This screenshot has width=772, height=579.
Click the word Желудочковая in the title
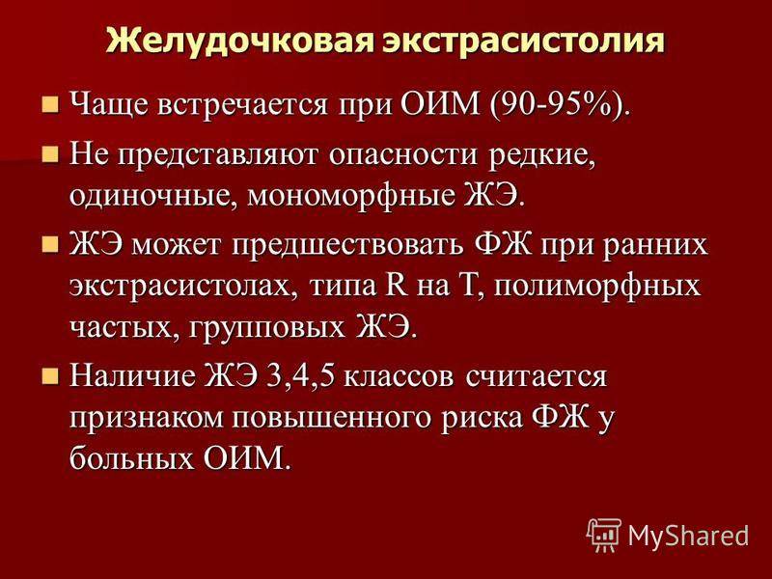tap(239, 41)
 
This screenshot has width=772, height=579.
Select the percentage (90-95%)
tap(560, 104)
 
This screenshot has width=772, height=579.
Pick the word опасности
tap(403, 155)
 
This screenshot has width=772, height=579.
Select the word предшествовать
tap(347, 245)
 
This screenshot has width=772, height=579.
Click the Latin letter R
tap(397, 286)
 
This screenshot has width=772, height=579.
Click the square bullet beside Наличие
tap(50, 376)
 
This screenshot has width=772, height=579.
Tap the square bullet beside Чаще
tap(50, 105)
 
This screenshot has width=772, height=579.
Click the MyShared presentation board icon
tap(604, 536)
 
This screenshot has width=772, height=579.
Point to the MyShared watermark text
tap(688, 536)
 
